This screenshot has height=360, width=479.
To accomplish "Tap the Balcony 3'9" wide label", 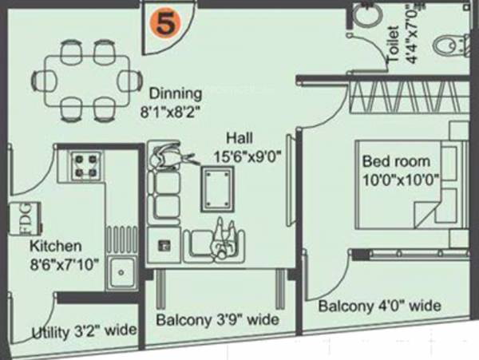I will coord(217,321).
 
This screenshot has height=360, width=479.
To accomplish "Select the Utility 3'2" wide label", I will coord(83,330).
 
